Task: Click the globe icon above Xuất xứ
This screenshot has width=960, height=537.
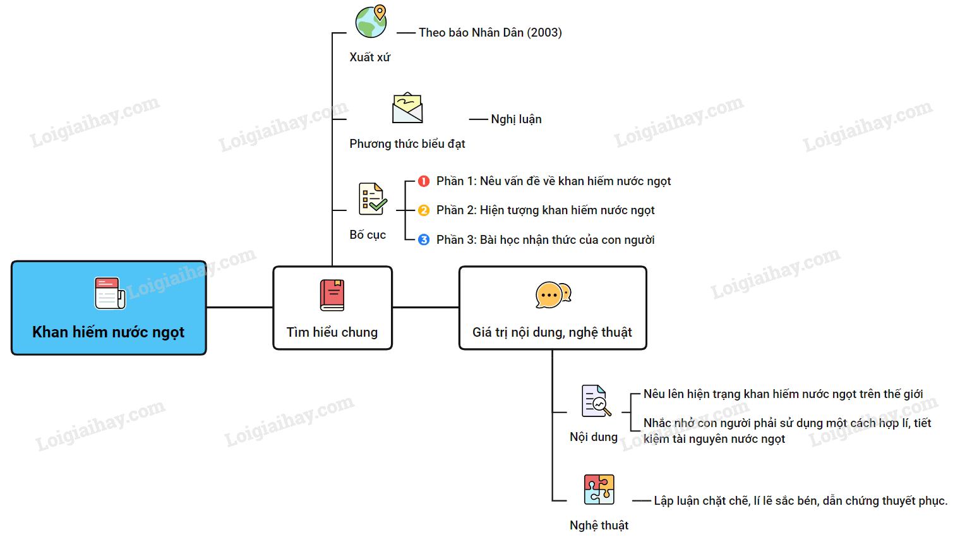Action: click(371, 22)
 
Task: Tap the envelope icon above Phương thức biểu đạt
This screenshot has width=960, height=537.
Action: click(407, 109)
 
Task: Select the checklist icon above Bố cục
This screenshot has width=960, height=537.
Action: click(372, 199)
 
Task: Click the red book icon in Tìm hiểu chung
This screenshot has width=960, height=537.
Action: click(332, 295)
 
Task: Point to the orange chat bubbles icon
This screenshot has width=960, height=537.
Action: click(553, 295)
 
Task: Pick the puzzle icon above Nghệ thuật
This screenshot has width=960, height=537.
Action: click(599, 490)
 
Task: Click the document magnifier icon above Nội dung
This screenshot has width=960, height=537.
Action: click(596, 401)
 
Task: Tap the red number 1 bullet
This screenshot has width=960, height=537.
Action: click(424, 181)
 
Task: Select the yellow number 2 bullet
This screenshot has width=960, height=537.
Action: click(424, 210)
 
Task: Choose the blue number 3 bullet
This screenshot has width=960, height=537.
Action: click(424, 240)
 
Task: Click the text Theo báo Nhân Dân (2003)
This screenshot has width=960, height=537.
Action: click(490, 33)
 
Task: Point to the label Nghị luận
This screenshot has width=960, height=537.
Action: click(516, 119)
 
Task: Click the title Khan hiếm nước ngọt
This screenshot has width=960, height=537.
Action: click(109, 332)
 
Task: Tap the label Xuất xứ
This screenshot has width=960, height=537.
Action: click(370, 57)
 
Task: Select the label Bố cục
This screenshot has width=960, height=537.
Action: click(368, 235)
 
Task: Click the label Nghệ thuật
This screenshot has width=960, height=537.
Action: click(599, 526)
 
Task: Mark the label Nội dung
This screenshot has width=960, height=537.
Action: click(594, 437)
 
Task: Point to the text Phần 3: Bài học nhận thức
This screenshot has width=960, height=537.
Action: click(545, 240)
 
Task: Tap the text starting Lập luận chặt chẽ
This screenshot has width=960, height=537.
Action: click(800, 501)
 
